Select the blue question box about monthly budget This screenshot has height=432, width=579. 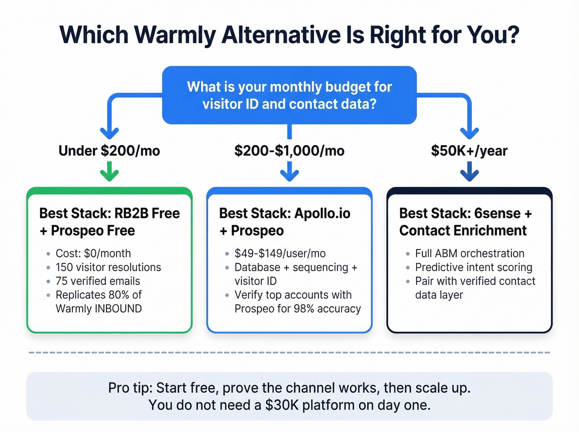289,95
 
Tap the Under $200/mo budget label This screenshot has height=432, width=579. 109,151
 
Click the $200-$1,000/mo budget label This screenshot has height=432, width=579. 289,151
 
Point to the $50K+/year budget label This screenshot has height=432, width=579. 469,151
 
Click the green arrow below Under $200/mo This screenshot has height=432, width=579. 109,172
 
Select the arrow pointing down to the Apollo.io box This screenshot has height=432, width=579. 289,172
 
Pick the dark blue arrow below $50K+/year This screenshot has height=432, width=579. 469,172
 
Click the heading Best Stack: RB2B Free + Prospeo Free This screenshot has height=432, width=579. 109,222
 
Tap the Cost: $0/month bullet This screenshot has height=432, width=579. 93,253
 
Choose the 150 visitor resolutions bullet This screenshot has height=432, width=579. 108,267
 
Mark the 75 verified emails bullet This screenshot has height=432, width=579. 98,281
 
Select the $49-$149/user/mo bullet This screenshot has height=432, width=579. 280,253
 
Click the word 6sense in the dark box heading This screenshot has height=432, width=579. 497,213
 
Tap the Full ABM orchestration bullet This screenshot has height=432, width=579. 469,253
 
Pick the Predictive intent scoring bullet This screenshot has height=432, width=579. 474,267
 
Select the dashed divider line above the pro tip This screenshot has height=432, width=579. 289,353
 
